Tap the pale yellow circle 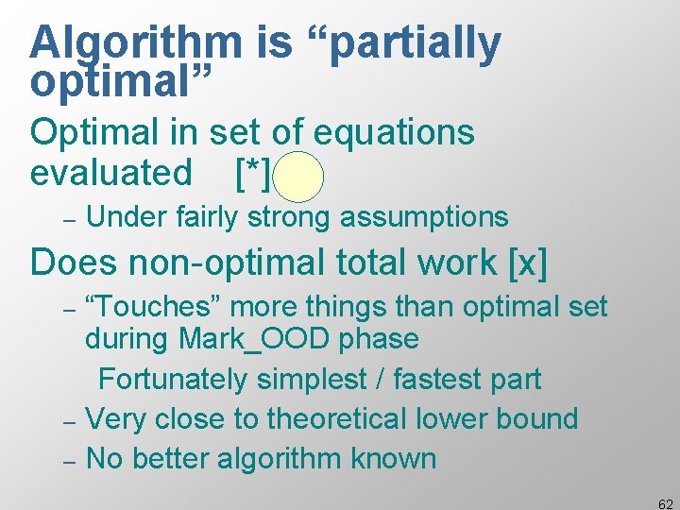coord(301,177)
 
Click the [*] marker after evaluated coord(253,174)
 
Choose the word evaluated coord(110,174)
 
